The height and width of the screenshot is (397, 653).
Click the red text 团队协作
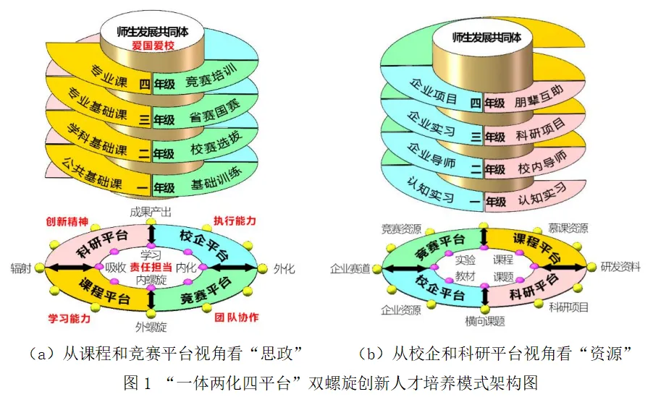tap(236, 317)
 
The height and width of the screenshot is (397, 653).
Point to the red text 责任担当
tap(151, 267)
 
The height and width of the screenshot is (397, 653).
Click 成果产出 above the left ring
tap(151, 212)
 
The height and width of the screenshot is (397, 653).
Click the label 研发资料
tap(620, 267)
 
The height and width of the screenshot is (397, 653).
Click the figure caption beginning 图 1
tap(327, 382)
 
